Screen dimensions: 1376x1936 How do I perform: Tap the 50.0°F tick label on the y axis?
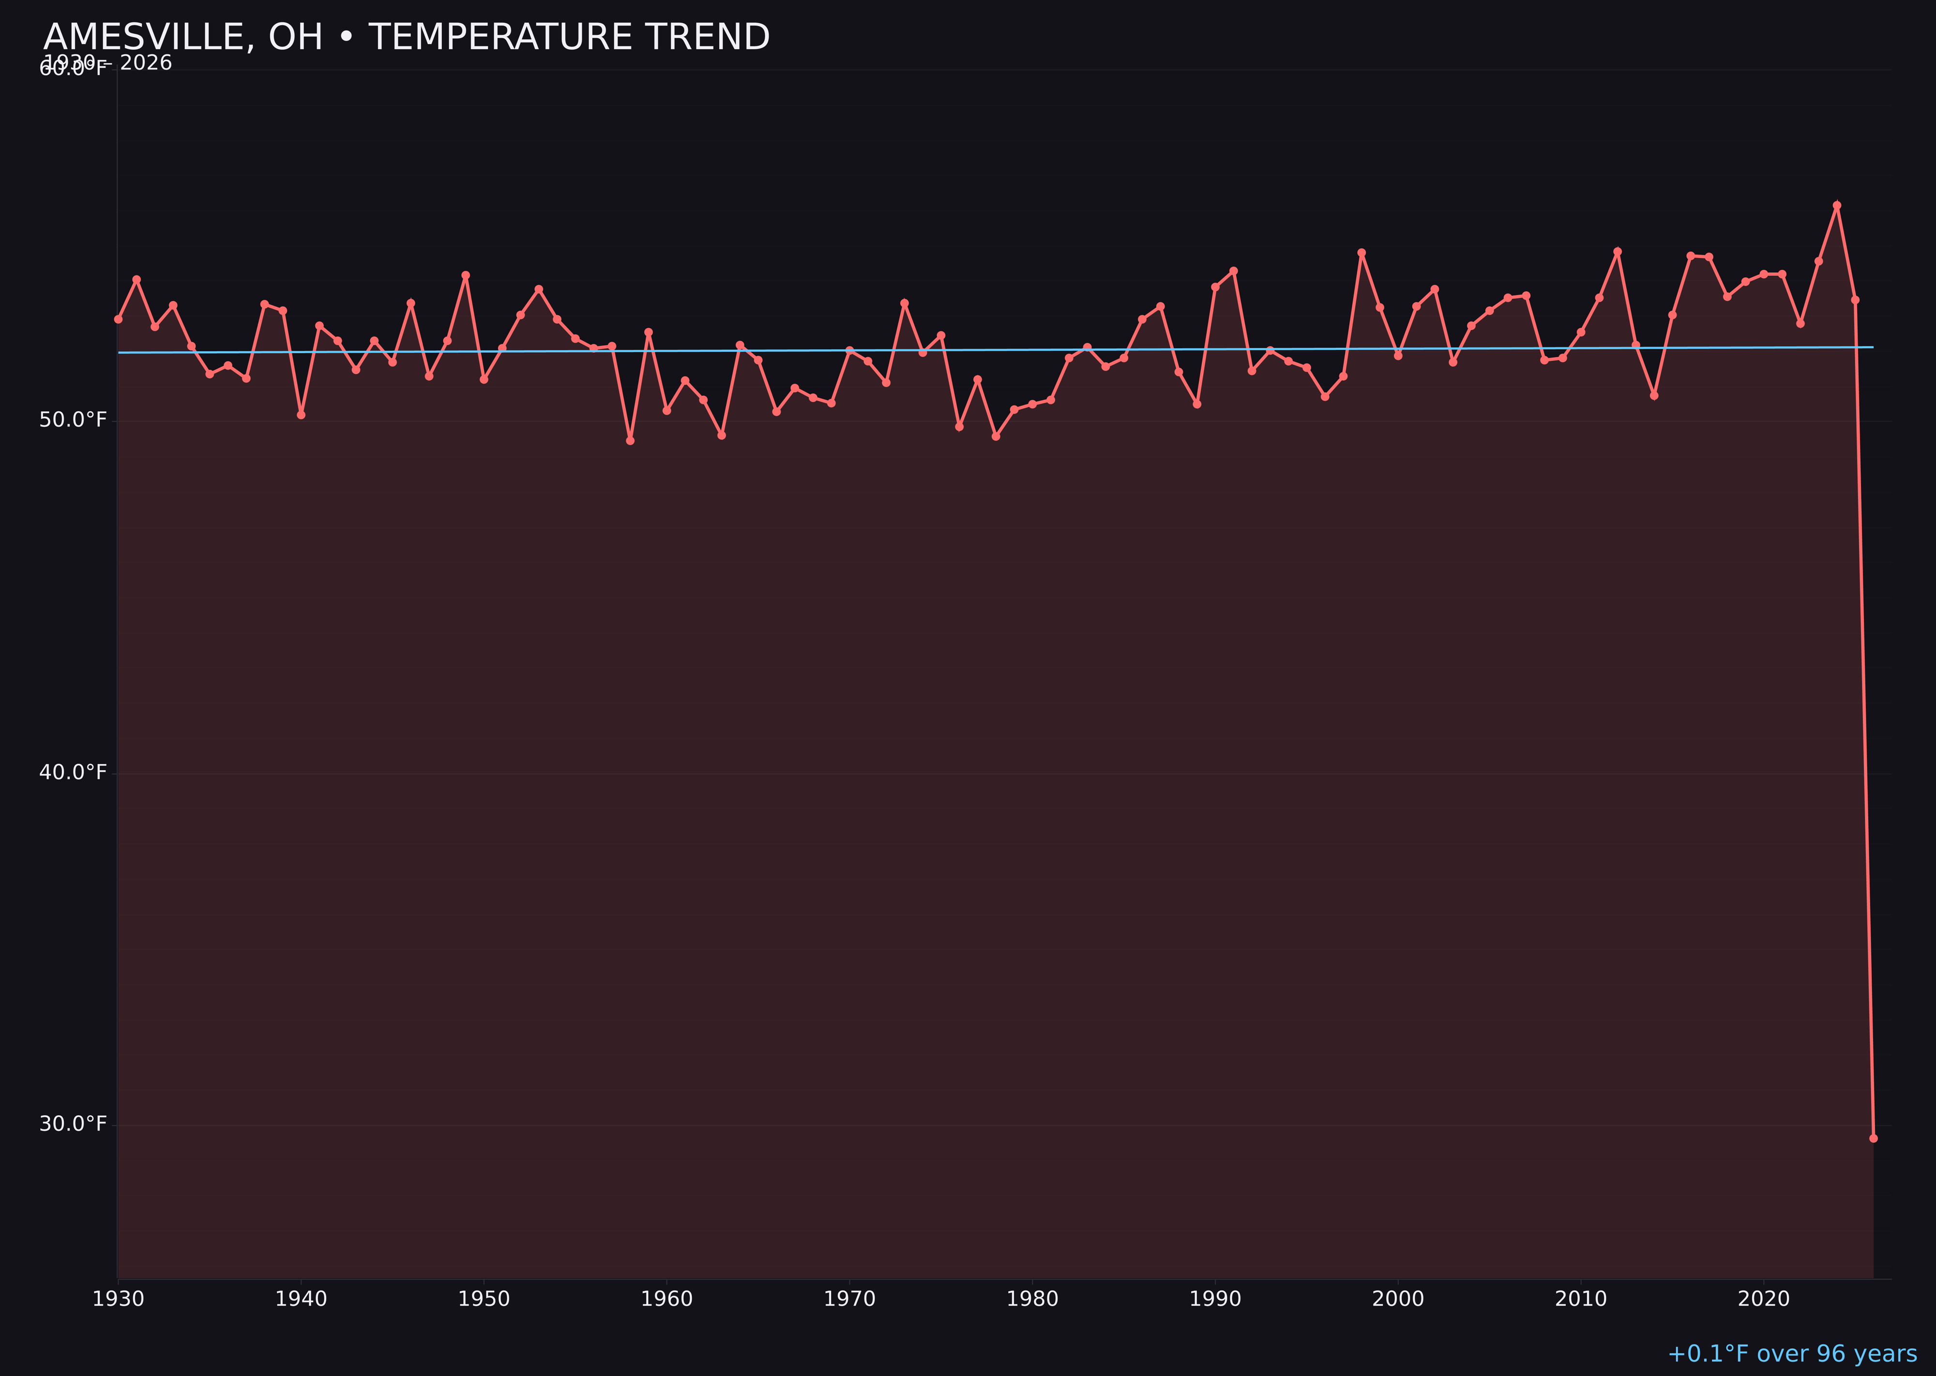click(73, 420)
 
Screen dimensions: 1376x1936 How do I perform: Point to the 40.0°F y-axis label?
click(73, 773)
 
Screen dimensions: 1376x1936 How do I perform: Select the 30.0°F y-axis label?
click(73, 1124)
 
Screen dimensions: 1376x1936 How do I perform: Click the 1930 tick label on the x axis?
click(118, 1299)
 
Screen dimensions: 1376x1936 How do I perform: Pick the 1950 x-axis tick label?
click(484, 1299)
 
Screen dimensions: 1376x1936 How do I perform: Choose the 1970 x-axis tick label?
click(849, 1299)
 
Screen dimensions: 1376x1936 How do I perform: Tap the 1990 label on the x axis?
click(1215, 1299)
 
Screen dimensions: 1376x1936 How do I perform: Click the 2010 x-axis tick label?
click(1581, 1299)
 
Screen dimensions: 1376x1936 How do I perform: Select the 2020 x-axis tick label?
click(1764, 1299)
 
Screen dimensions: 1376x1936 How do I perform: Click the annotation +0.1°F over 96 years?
click(1792, 1354)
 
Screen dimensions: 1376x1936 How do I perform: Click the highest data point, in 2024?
click(1837, 205)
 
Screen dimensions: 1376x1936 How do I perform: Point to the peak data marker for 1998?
click(1361, 253)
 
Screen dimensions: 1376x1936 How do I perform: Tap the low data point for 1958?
click(630, 441)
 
